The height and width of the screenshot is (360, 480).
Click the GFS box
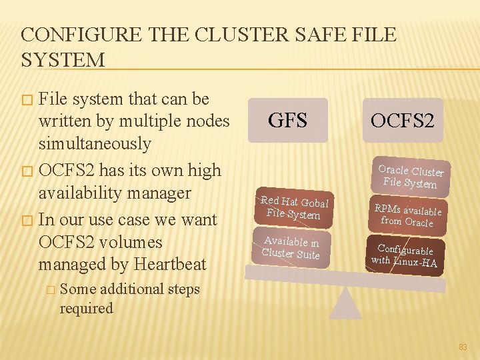click(x=288, y=121)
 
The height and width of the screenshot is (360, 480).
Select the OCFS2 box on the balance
click(x=403, y=121)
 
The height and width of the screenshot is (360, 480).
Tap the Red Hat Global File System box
click(x=294, y=207)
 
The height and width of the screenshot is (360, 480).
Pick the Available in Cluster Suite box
click(x=291, y=247)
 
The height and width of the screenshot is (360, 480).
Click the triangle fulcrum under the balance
click(x=345, y=303)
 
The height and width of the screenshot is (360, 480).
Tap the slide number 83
click(x=463, y=347)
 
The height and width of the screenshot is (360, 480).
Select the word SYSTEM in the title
click(x=63, y=60)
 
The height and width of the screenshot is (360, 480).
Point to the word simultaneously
click(x=95, y=143)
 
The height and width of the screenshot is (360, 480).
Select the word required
click(x=87, y=309)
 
